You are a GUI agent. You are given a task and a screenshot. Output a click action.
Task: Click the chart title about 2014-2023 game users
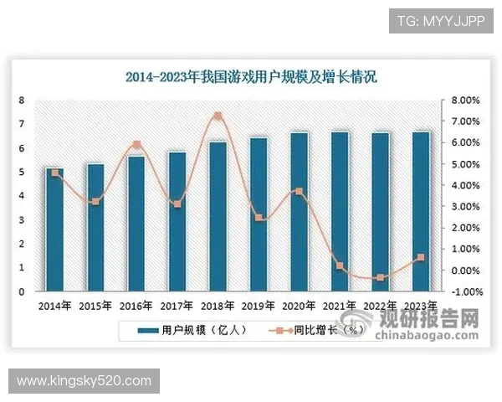(x=251, y=78)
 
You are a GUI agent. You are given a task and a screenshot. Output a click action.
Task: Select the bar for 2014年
(x=55, y=230)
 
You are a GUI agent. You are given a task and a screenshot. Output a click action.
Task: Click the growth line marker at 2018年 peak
(x=218, y=116)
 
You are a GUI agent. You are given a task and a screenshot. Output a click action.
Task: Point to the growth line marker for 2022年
(x=382, y=277)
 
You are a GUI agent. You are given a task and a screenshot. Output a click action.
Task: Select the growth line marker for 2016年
(x=136, y=144)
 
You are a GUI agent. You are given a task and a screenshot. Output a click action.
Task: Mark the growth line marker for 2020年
(x=300, y=192)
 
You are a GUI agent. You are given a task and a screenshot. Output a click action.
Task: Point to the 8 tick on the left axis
(x=22, y=100)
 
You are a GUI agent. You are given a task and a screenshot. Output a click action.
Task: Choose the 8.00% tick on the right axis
(x=465, y=100)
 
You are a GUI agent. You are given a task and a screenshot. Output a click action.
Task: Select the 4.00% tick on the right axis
(x=465, y=185)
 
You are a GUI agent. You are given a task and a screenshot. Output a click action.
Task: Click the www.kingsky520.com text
(x=84, y=381)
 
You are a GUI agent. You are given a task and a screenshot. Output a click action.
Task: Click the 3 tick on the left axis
(x=22, y=220)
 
